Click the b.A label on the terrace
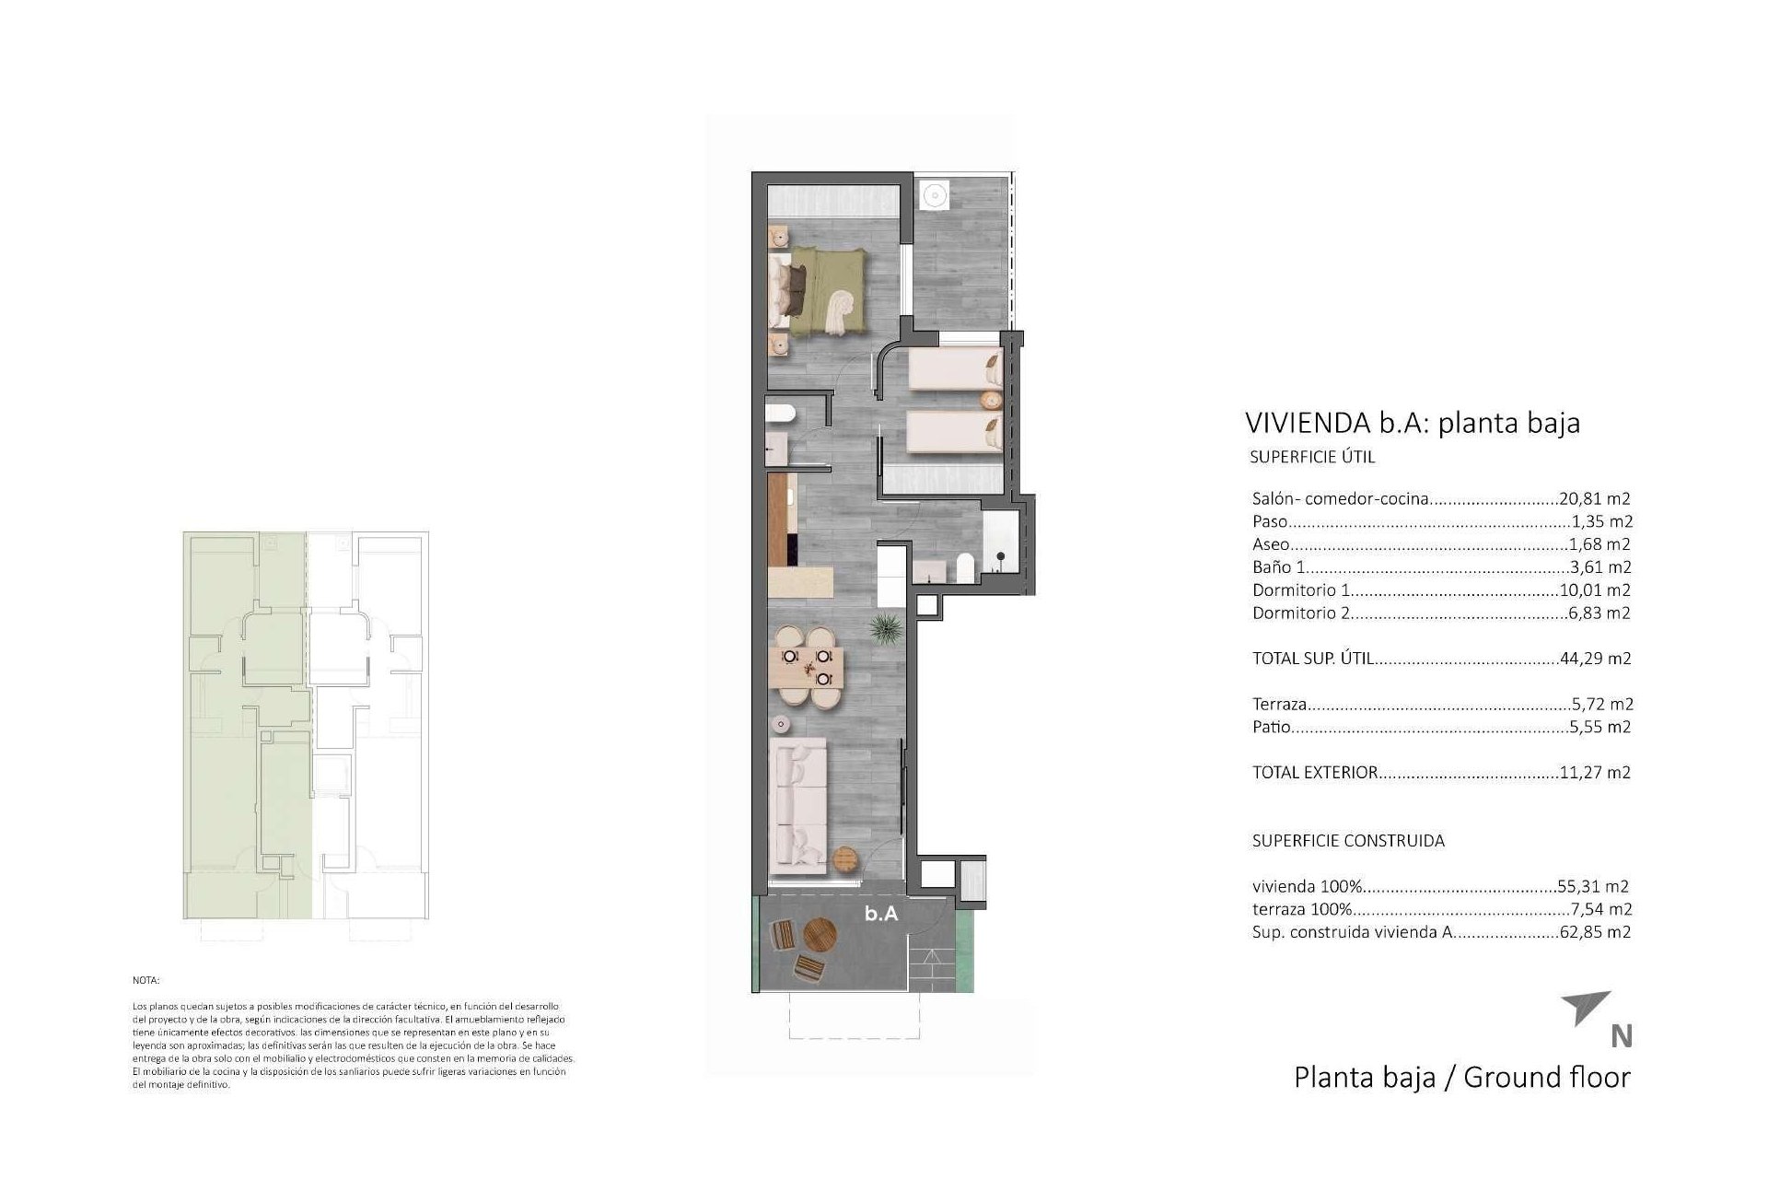(881, 915)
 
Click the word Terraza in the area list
(1279, 705)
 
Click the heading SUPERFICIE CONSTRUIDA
(1348, 841)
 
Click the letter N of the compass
(1622, 1037)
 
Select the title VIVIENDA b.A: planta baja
(1413, 423)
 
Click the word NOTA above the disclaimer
(145, 982)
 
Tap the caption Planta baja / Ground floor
(1461, 1078)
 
